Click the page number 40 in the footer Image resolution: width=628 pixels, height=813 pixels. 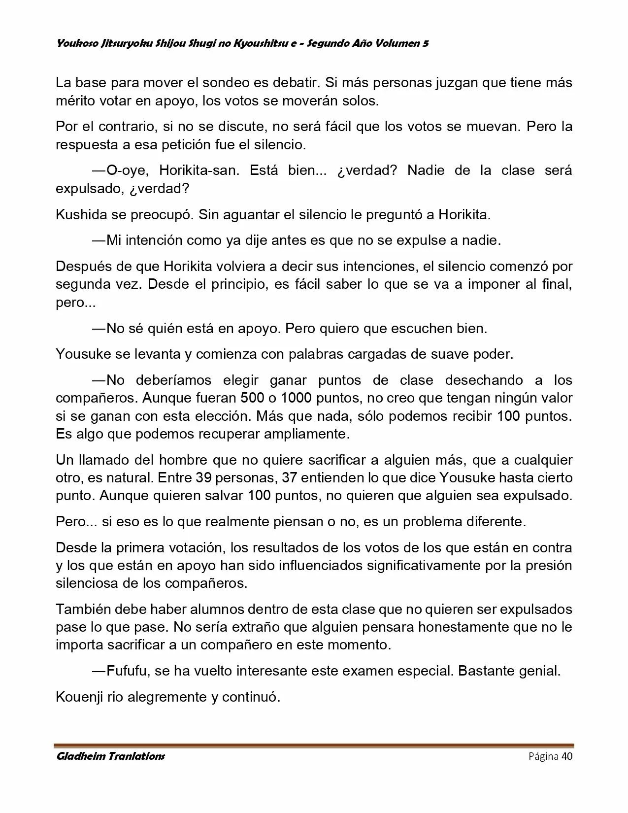pos(567,756)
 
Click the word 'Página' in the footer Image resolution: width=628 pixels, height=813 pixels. pos(543,756)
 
